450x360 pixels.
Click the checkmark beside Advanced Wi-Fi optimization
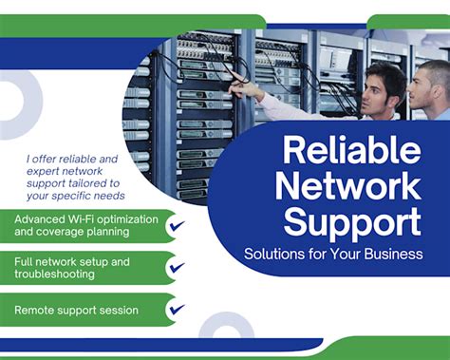(177, 226)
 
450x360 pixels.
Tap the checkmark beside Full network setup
(177, 268)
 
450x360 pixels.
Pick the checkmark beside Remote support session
(177, 310)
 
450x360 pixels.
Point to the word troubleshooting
(54, 274)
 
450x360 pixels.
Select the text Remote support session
(77, 310)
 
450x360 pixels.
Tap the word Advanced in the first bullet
(41, 218)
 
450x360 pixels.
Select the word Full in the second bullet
(25, 260)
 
